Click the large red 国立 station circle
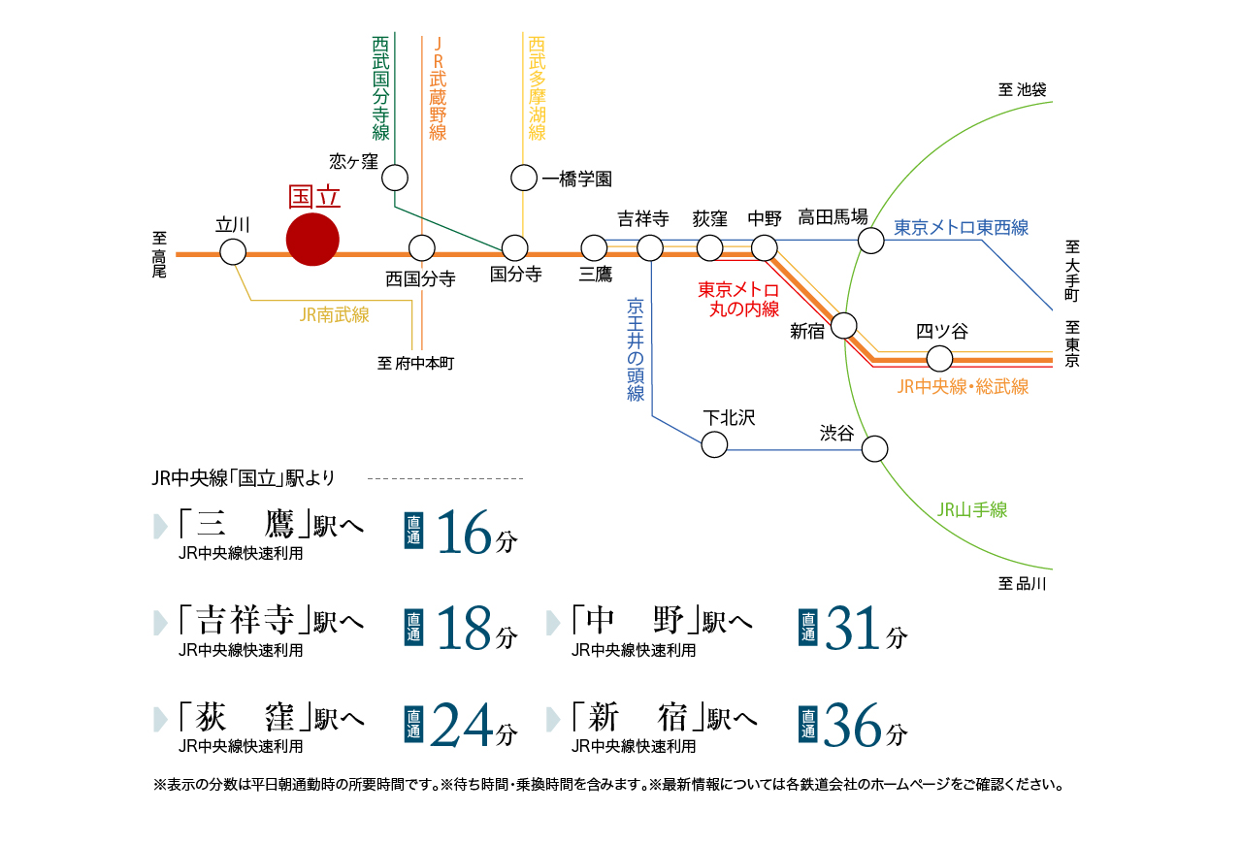(313, 239)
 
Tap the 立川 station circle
(233, 252)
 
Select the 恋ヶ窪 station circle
(395, 178)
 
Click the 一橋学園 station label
(576, 179)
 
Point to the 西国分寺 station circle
(421, 248)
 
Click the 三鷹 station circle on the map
(594, 248)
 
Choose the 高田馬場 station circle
(871, 240)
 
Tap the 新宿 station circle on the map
(844, 325)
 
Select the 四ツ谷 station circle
(939, 358)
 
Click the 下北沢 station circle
(714, 444)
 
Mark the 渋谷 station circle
(874, 448)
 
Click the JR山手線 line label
(972, 509)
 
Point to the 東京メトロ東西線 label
(961, 228)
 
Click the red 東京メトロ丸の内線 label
(738, 300)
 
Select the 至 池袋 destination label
(1022, 89)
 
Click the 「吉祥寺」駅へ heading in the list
(271, 621)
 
